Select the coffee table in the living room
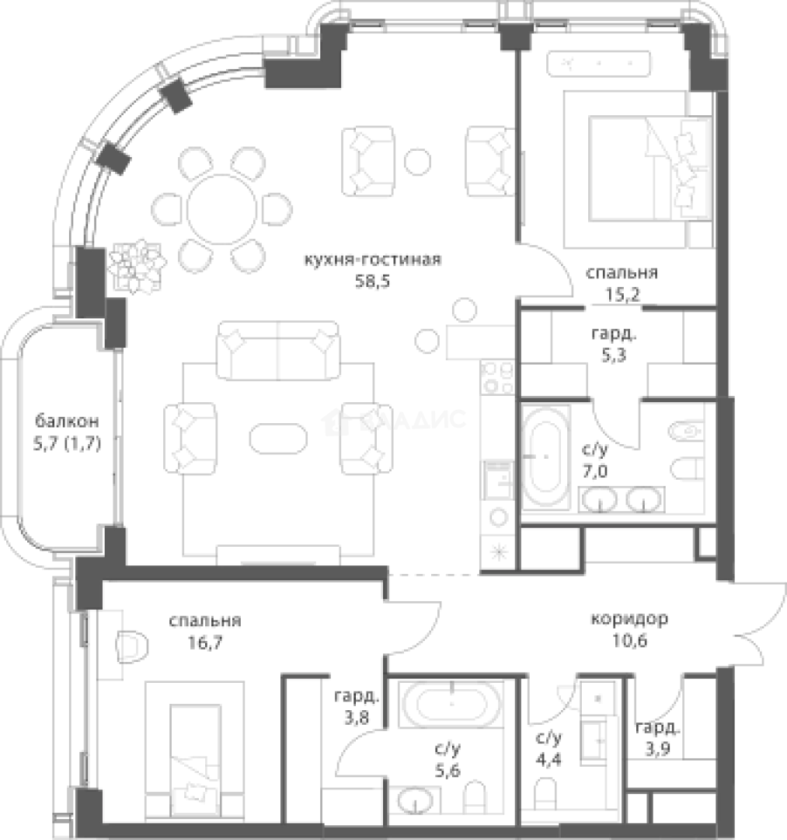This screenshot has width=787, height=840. [x=277, y=441]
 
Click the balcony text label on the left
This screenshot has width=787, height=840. [x=67, y=432]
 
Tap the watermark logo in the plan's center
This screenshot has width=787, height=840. [x=395, y=421]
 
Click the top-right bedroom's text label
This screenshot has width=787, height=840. [x=624, y=283]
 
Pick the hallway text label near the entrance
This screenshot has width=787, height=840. [x=626, y=629]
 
